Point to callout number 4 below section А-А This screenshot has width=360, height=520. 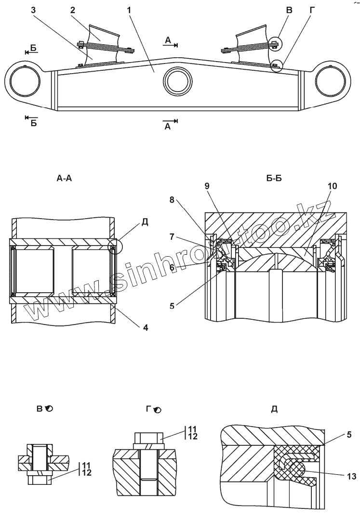pos(145,327)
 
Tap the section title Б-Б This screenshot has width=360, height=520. pos(274,179)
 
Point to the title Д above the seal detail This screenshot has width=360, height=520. pos(274,409)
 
